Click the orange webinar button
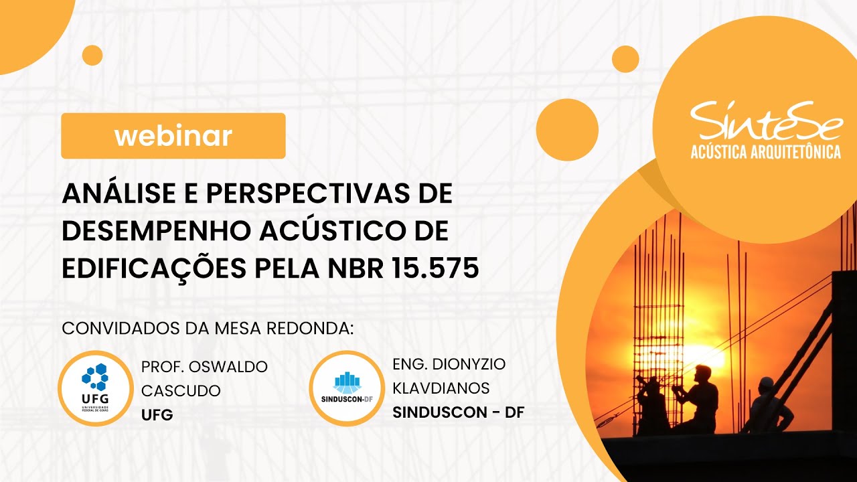(173, 136)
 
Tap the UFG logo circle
(95, 388)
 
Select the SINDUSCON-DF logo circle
(346, 388)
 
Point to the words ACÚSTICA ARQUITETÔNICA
(765, 153)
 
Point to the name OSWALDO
(228, 367)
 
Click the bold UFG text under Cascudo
(157, 414)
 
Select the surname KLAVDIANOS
(441, 388)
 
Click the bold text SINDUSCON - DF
(458, 412)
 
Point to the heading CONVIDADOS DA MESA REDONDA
(207, 329)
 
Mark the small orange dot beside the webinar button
(92, 56)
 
